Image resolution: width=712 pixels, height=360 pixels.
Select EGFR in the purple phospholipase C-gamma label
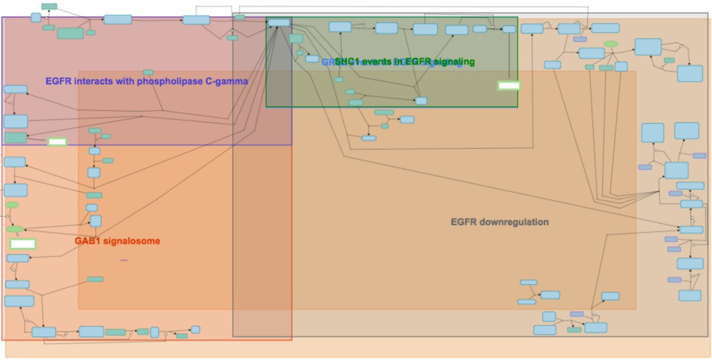(x=59, y=81)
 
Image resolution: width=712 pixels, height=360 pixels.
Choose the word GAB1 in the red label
(x=87, y=241)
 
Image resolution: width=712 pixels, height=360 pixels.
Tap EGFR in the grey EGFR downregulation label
(x=462, y=222)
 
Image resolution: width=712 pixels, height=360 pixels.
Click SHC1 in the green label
(x=347, y=62)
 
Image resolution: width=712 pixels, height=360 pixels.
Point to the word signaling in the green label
(x=454, y=62)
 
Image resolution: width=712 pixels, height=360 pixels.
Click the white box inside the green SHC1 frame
(x=508, y=85)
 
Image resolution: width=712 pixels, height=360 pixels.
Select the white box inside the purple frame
(x=57, y=142)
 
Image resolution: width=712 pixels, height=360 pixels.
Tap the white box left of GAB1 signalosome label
(x=23, y=244)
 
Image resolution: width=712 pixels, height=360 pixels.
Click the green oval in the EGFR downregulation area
(x=611, y=44)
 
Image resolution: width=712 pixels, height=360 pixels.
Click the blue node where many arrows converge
(x=279, y=23)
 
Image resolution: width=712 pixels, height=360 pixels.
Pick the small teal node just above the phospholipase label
(x=148, y=72)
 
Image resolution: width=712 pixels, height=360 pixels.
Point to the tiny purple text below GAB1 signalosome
(x=123, y=260)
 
